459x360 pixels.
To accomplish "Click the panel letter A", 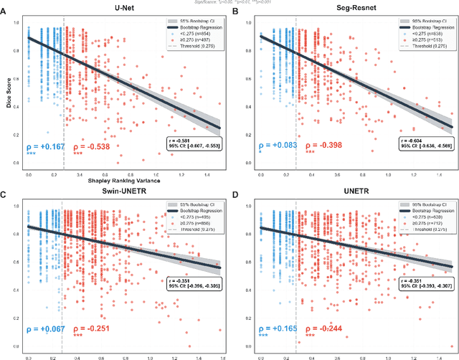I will [5, 12].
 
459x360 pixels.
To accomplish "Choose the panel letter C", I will [5, 187].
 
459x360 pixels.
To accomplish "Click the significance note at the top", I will [229, 3].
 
